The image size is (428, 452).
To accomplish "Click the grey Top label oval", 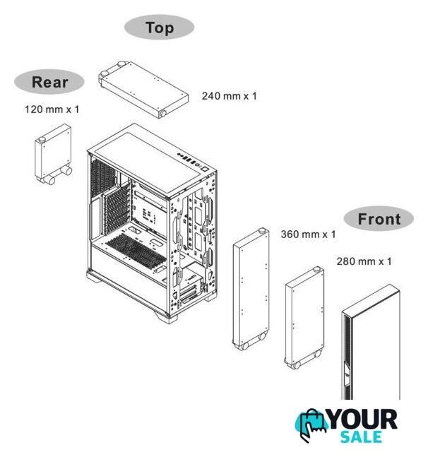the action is click(159, 27).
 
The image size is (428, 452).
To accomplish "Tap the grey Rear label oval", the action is click(49, 82).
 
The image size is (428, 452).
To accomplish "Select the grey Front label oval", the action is click(379, 218).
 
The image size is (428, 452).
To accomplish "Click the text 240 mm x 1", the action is click(229, 96).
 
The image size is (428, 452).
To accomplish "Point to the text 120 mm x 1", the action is click(52, 109).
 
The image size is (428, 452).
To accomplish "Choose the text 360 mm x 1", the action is click(309, 234).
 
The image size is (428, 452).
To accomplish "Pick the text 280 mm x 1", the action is click(364, 261).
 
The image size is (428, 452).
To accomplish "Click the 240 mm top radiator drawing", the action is click(143, 90).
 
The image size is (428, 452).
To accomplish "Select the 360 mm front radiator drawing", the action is click(251, 289).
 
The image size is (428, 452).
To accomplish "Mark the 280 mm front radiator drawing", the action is click(304, 318).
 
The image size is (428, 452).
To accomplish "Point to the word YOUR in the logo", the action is click(363, 420).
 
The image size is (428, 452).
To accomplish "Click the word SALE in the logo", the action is click(361, 437).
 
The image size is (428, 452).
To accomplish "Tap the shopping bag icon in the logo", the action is click(311, 424).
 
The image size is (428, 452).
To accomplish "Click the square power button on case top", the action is click(205, 169).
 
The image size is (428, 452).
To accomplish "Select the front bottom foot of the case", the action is click(167, 317).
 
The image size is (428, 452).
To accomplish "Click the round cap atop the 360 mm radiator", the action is click(262, 230).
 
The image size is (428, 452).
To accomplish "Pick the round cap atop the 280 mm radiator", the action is click(316, 270).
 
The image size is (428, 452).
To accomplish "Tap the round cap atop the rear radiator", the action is click(42, 139).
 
